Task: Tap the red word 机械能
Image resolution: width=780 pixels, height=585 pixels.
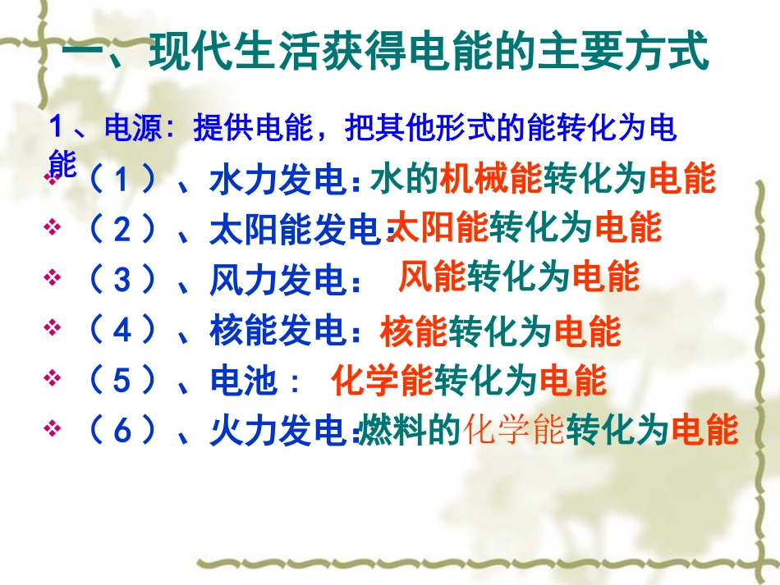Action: pos(490,179)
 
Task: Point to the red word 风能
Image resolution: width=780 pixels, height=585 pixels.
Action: pos(431,277)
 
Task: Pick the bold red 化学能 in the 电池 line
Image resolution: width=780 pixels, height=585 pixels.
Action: pos(381,380)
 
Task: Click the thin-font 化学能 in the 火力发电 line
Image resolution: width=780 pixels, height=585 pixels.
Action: pos(514,430)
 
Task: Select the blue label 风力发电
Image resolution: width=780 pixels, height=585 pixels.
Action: pos(279,281)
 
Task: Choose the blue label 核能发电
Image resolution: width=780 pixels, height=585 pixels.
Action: pos(279,331)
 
